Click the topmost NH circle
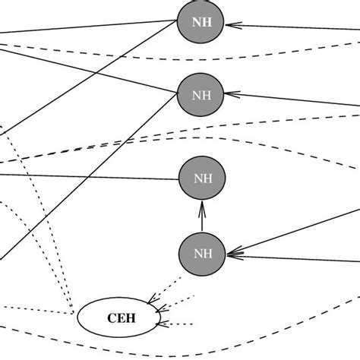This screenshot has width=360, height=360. [201, 22]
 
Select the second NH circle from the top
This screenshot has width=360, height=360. [201, 96]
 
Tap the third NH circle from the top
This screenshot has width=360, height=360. [202, 179]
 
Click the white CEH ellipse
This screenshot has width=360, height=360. [118, 317]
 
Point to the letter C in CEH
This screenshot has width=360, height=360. [106, 317]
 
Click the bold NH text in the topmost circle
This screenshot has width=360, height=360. [201, 23]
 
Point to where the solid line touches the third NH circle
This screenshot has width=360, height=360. [178, 180]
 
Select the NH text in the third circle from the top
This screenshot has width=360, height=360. [202, 180]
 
